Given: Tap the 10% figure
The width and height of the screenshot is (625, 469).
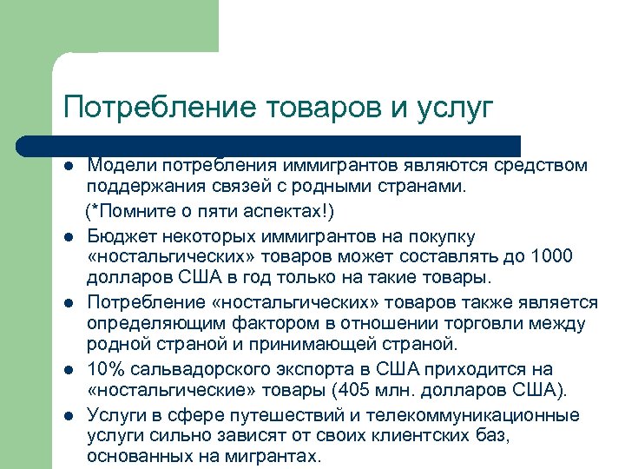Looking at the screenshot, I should coord(105,369).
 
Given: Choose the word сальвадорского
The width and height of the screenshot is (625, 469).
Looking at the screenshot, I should coord(189,369).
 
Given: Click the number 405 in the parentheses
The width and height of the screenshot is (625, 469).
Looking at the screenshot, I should coord(371,390).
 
